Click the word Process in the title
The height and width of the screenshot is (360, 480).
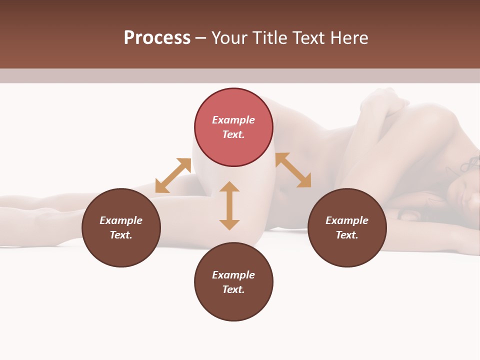(157, 38)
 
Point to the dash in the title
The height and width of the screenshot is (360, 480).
(200, 38)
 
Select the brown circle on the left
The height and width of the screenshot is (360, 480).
(121, 227)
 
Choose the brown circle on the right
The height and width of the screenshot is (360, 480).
(347, 227)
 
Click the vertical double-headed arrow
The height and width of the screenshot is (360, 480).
(229, 205)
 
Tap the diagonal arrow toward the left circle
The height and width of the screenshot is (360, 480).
(173, 175)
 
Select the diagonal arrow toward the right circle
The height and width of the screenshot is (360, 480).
(293, 170)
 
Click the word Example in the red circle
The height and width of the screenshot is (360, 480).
(233, 120)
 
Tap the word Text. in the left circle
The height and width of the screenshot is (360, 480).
(121, 235)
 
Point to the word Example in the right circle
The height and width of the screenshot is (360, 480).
(347, 220)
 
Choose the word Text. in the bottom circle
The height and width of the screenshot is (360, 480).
(233, 289)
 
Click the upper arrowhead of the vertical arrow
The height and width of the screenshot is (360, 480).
(229, 187)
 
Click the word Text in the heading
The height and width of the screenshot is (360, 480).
(309, 38)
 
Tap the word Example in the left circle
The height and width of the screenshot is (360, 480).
(121, 220)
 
